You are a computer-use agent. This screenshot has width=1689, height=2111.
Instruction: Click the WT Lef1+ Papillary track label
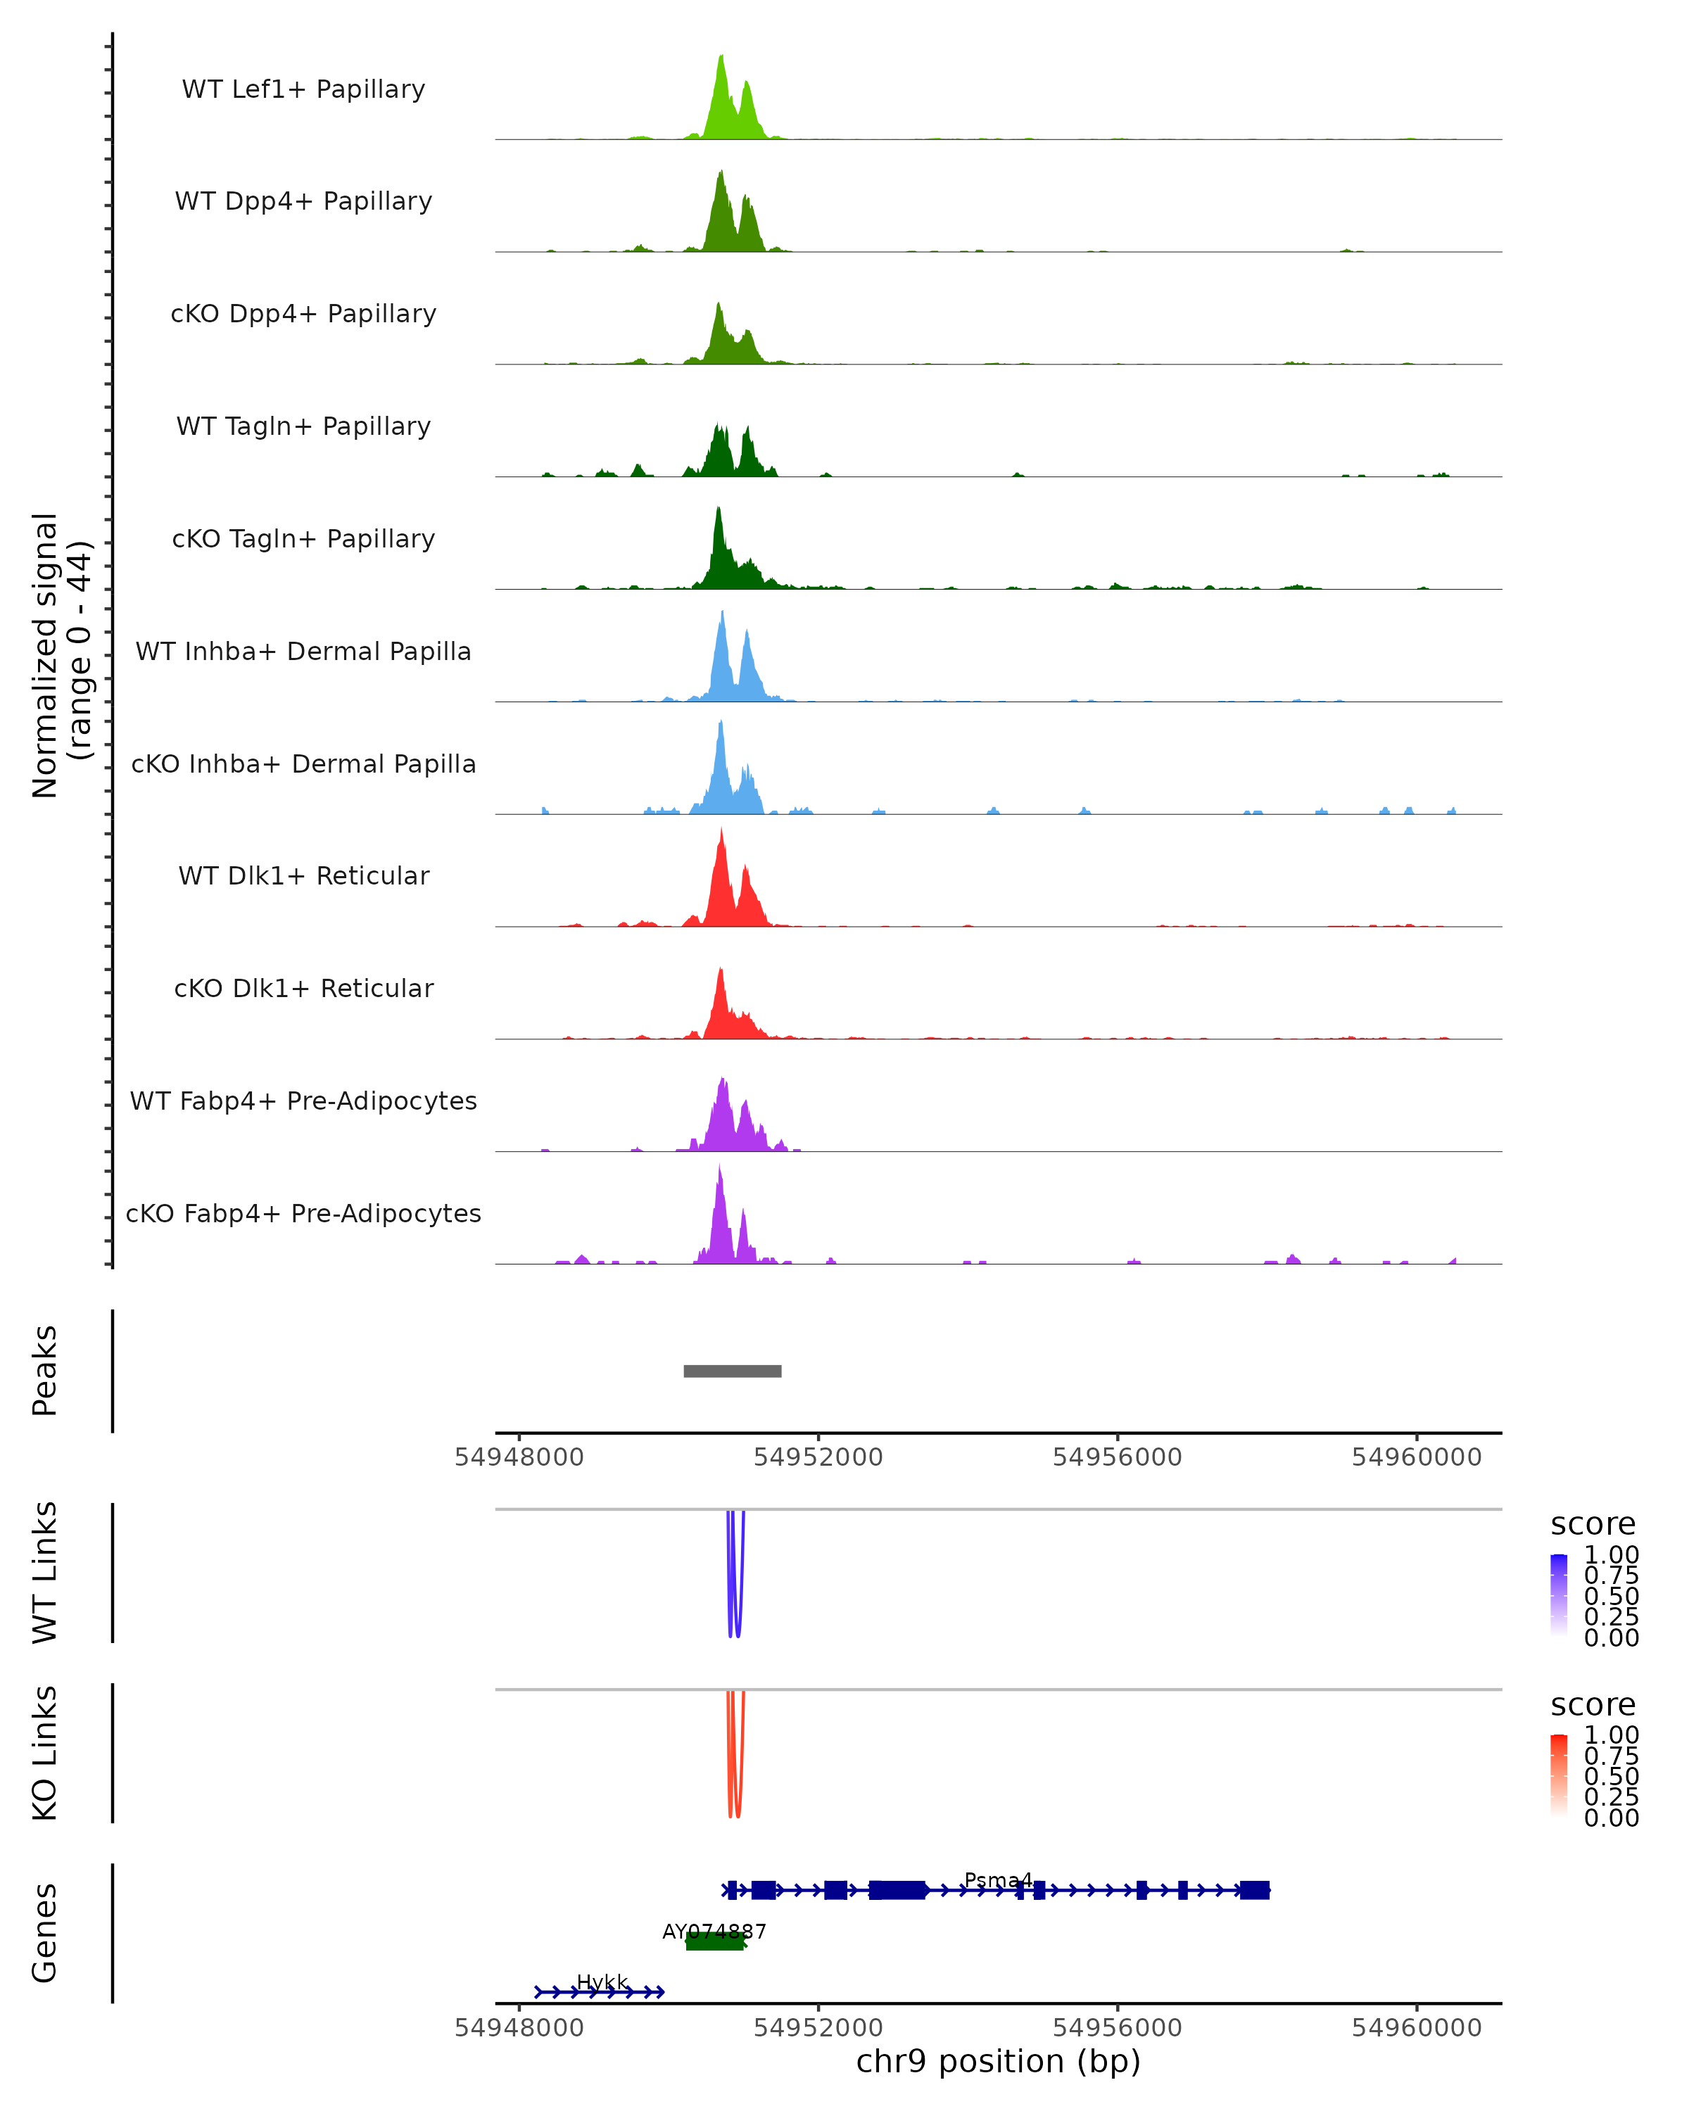tap(303, 89)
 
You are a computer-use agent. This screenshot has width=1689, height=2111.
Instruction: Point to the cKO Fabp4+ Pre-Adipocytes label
tap(303, 1213)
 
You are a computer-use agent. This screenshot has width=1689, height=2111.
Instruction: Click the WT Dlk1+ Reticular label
tap(303, 875)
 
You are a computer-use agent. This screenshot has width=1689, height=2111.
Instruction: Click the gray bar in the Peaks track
tap(733, 1371)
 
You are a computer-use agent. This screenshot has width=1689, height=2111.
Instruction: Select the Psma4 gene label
tap(998, 1880)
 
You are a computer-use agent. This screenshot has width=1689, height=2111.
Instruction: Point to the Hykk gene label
tap(602, 1982)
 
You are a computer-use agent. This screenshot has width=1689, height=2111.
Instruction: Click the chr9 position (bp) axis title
tap(998, 2061)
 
